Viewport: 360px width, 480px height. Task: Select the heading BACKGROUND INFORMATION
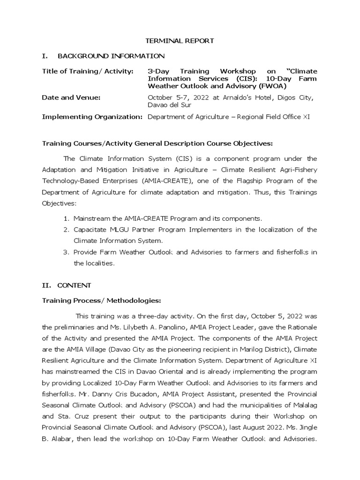[x=111, y=56]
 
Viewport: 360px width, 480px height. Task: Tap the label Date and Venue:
[x=71, y=97]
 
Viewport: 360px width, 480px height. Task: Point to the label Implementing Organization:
[x=92, y=117]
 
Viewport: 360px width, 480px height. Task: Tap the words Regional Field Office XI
[x=271, y=117]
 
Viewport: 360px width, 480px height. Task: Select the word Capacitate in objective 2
[x=90, y=230]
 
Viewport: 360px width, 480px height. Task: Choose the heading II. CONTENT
[x=67, y=285]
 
